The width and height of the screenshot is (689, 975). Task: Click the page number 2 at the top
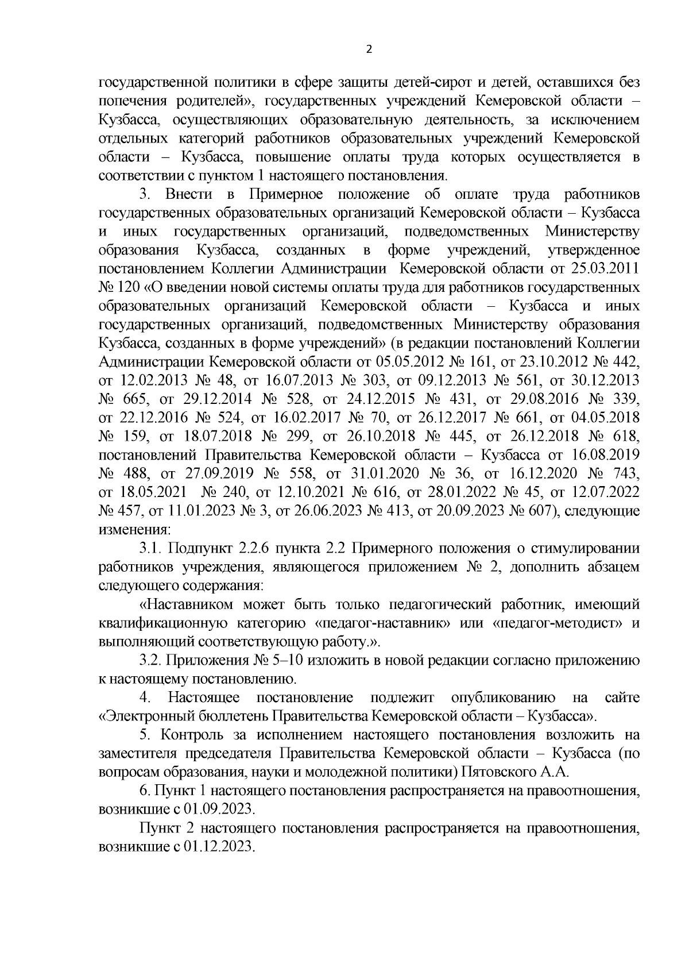coord(369,49)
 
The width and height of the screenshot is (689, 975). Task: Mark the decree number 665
coord(135,399)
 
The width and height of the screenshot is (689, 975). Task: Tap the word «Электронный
coord(148,717)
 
